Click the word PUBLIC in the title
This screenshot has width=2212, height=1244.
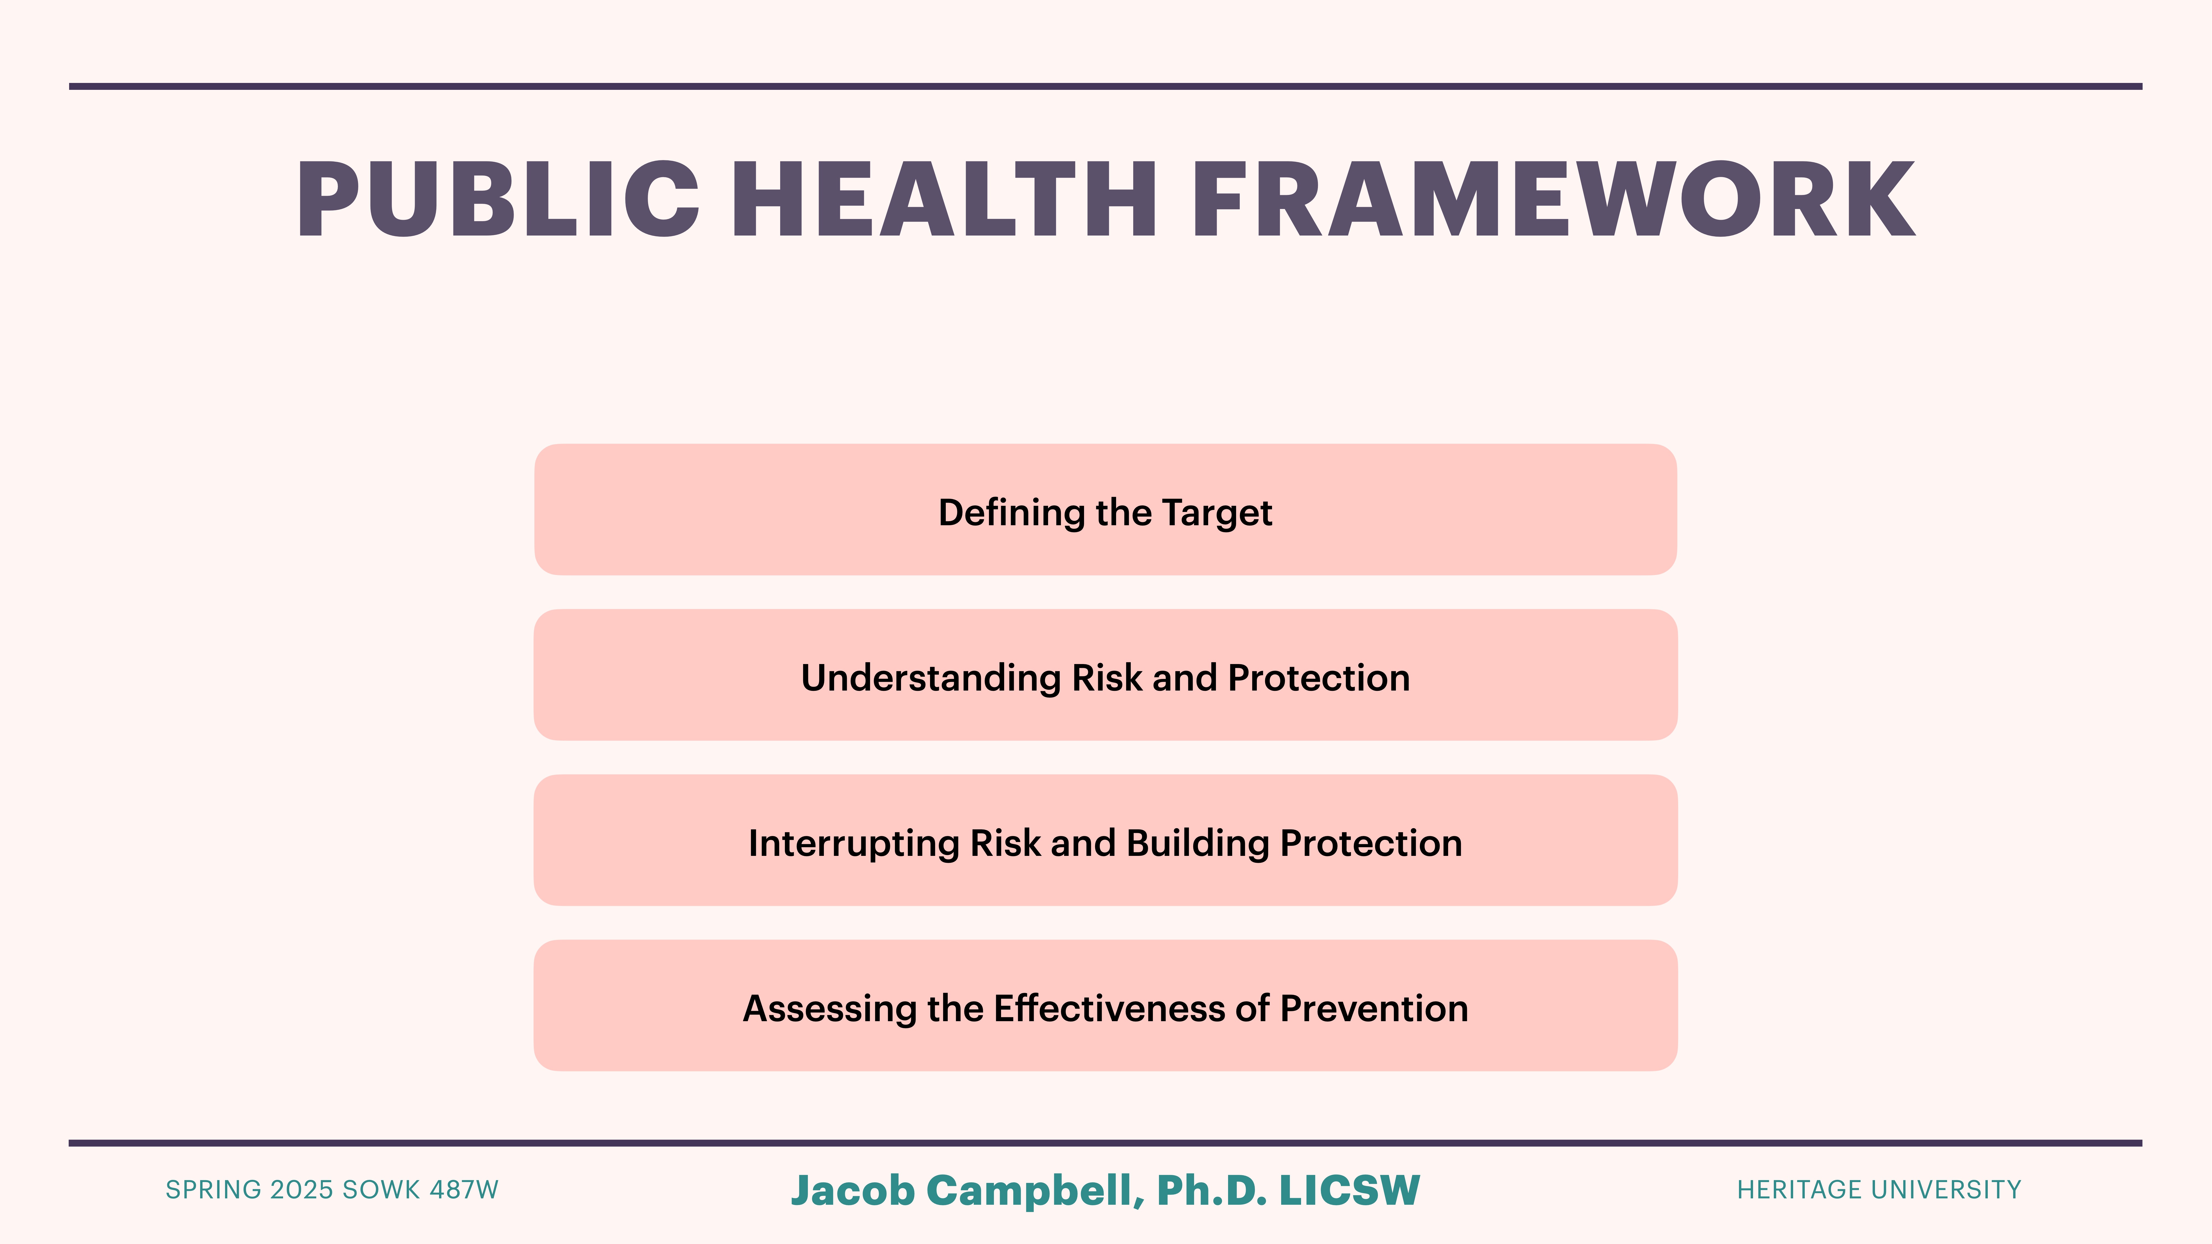point(498,200)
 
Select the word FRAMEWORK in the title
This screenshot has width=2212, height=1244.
point(1553,200)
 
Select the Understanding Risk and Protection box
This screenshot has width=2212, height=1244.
point(1105,675)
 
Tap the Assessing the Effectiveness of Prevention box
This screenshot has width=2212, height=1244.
point(1105,1005)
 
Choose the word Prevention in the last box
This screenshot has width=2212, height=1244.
point(1374,1009)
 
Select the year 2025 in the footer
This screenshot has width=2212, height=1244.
point(301,1190)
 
